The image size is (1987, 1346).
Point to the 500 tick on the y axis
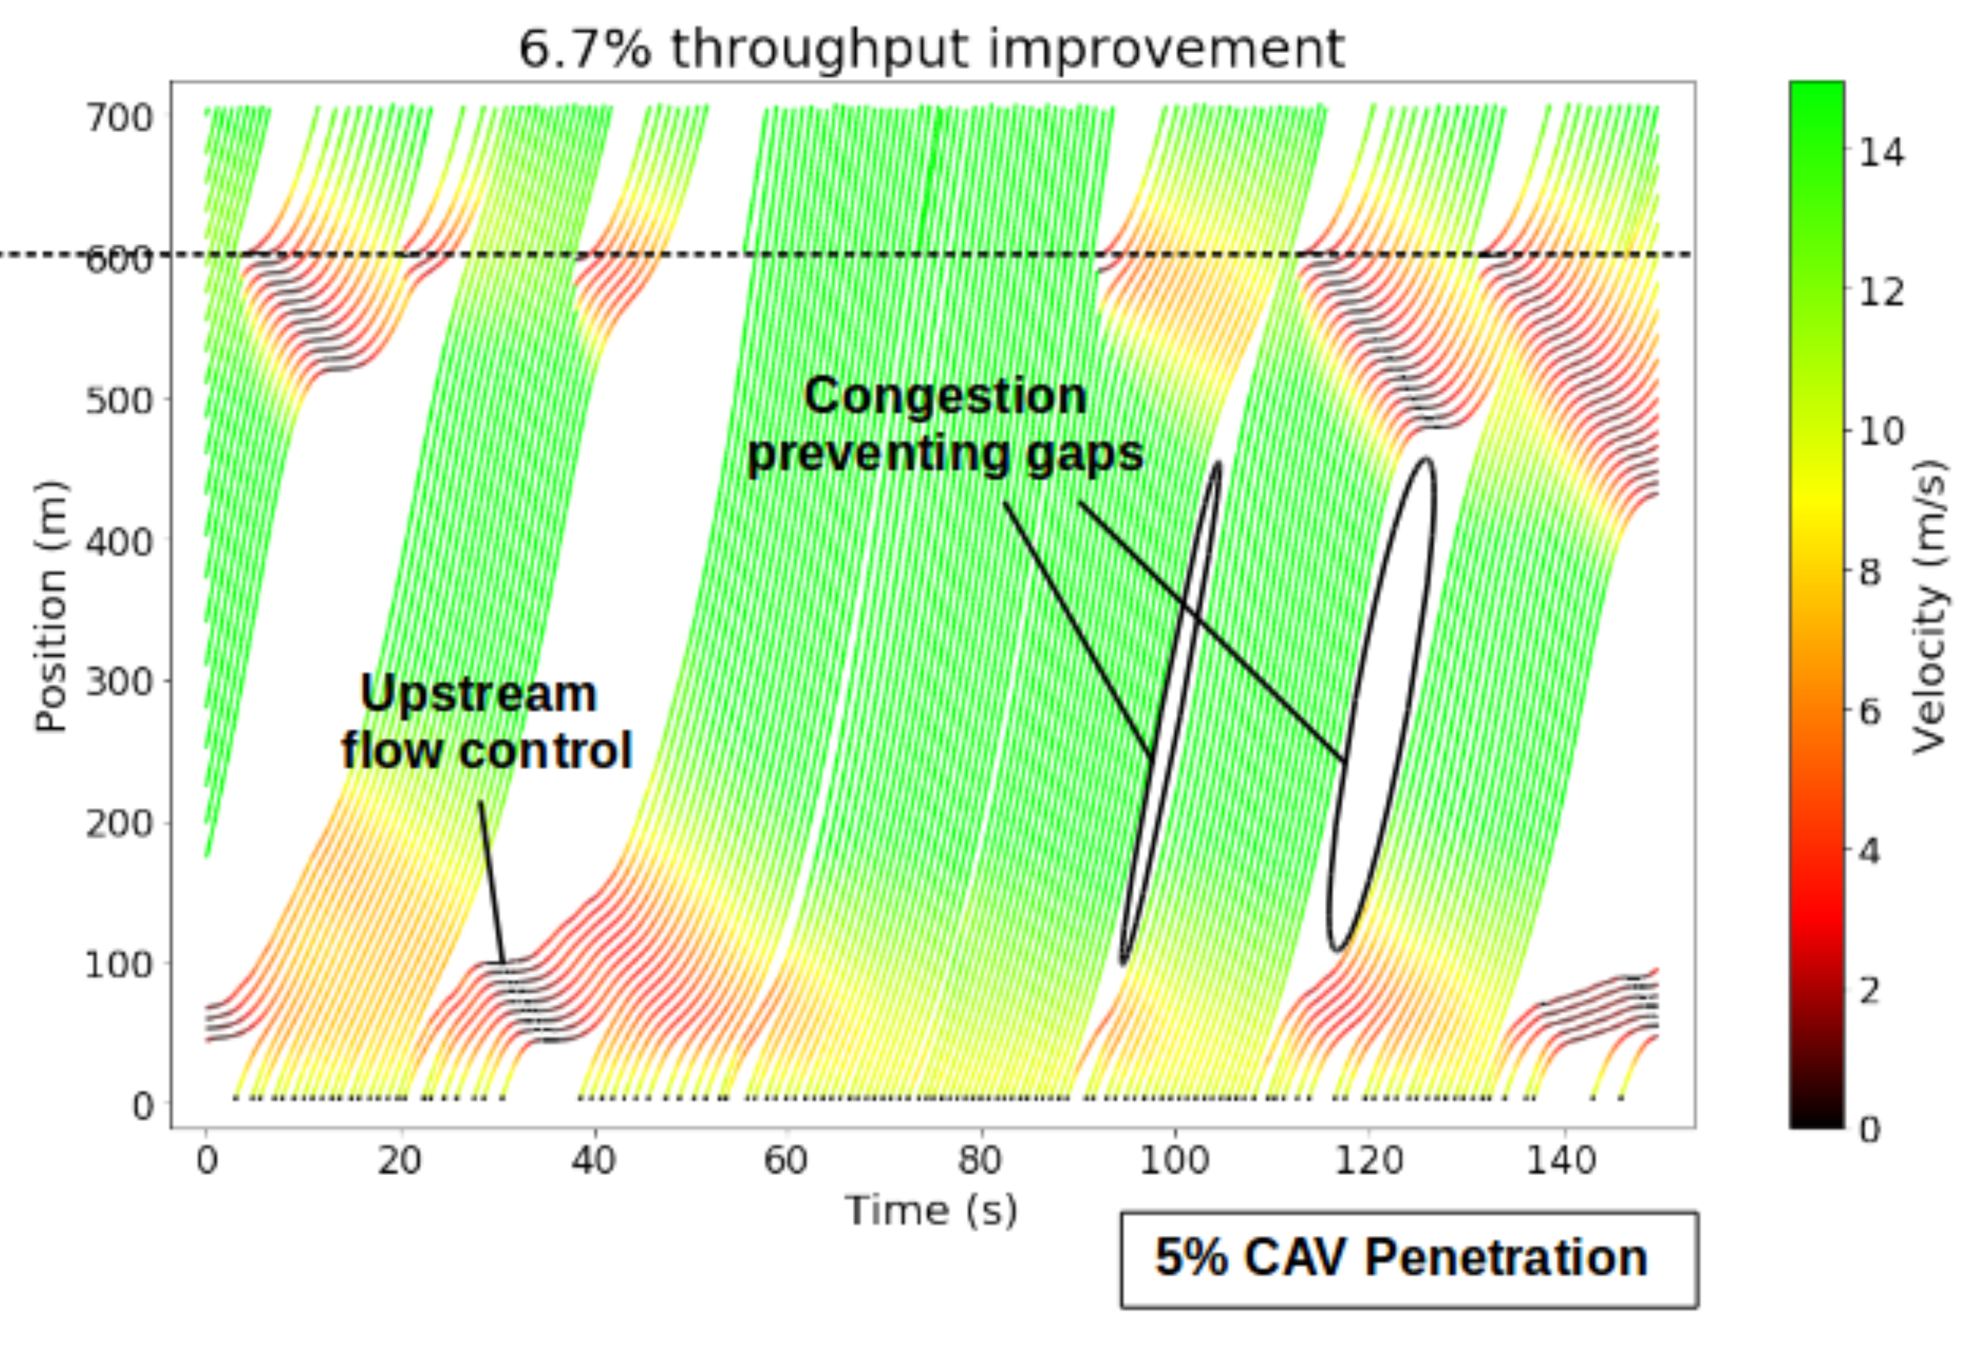119,400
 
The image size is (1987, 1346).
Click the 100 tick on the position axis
119,965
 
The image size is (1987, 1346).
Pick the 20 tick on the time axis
399,1160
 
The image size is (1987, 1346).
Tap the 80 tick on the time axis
980,1160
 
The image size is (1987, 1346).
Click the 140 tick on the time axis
1561,1160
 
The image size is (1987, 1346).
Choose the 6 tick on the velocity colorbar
1871,711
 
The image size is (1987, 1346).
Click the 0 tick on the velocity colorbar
1871,1130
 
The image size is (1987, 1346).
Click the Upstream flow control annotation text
486,722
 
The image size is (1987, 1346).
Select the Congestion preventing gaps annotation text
945,424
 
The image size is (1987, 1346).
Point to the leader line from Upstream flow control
492,881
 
